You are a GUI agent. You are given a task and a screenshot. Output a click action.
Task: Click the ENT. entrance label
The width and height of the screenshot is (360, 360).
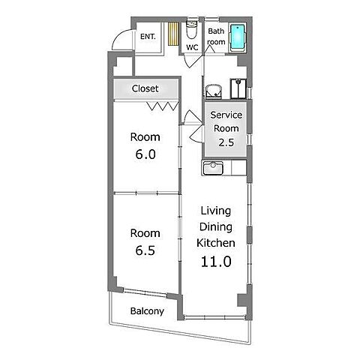point(148,37)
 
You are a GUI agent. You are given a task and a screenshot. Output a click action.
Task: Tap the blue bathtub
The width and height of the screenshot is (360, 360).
point(238,37)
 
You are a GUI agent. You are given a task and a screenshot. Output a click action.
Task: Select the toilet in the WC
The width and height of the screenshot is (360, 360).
point(192,30)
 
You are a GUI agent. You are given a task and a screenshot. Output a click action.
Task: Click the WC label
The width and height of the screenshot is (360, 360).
point(192,47)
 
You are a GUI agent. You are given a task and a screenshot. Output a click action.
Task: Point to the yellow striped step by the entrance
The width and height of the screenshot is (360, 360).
point(173,34)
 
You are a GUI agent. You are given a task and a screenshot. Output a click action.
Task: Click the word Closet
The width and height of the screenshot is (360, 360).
point(145,88)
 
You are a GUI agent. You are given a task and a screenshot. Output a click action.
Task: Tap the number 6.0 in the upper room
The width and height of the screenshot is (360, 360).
point(145,154)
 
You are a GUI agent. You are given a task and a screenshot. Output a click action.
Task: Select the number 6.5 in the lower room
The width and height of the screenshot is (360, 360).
point(145,250)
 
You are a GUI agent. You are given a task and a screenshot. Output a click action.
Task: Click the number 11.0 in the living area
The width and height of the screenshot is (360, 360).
point(216,262)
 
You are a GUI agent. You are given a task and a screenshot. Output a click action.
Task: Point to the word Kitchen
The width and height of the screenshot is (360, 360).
point(216,243)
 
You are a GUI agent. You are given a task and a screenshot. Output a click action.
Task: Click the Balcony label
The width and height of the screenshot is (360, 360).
point(147,311)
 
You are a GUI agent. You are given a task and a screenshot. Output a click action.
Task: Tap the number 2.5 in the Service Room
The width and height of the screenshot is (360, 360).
point(226,142)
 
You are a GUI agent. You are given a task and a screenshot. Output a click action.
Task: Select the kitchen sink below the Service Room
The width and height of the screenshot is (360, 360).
point(213,168)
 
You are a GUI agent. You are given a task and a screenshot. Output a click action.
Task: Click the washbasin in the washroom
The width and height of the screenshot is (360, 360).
point(214,91)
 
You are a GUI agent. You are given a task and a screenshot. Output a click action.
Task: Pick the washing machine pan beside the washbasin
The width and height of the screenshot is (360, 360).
point(238,88)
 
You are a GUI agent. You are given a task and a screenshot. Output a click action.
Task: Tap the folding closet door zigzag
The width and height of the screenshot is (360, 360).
point(163,106)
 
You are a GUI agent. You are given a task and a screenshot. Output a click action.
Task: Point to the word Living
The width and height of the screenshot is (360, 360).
point(215,211)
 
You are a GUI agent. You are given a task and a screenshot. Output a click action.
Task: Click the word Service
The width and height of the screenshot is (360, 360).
point(226,115)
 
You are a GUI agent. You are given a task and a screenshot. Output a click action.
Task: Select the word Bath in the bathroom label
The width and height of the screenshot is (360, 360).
point(216,31)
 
